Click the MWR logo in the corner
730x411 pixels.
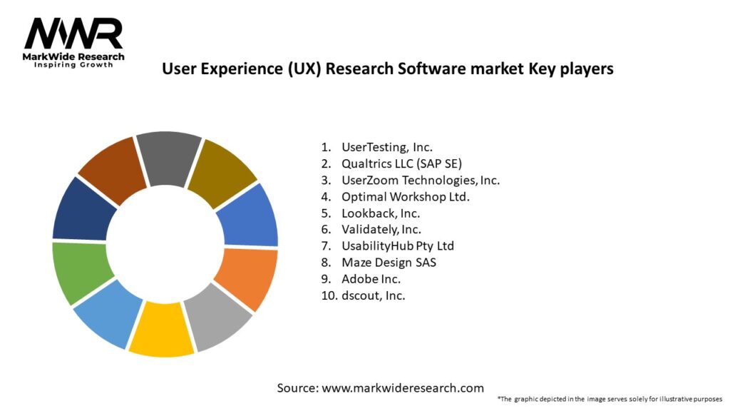pos(73,36)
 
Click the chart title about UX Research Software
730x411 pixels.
pos(387,69)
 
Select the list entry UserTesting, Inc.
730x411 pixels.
pos(386,148)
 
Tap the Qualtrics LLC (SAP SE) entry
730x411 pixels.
pos(402,163)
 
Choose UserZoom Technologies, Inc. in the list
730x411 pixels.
pos(420,180)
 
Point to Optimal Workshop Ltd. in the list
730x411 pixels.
pos(406,196)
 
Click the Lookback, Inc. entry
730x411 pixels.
pos(381,213)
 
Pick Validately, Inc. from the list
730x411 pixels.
pos(381,229)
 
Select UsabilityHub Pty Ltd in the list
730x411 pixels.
pos(398,245)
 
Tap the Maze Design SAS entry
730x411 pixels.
pos(389,262)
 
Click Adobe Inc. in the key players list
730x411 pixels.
pos(371,278)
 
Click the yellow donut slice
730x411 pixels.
pos(161,329)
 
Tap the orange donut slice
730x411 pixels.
pos(246,278)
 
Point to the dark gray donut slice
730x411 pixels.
pos(169,156)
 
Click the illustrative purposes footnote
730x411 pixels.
pos(610,398)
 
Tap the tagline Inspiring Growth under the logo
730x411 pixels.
pos(73,65)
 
